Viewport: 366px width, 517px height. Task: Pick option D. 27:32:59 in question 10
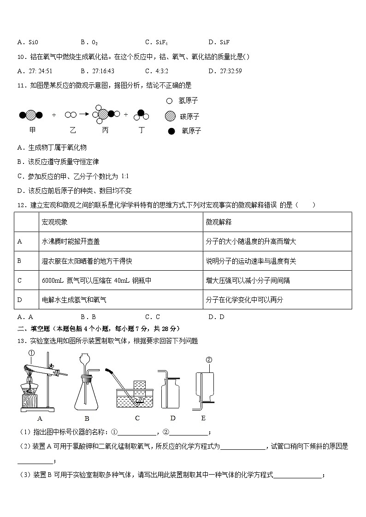[x=225, y=71]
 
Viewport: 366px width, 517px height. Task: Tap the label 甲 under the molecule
[x=32, y=130]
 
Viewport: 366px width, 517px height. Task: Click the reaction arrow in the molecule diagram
[x=83, y=114]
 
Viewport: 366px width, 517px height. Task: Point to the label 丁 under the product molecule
[x=142, y=130]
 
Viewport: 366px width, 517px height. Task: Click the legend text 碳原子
[x=190, y=116]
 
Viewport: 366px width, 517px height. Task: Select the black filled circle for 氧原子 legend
[x=171, y=131]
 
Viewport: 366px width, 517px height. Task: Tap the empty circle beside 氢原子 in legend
[x=169, y=101]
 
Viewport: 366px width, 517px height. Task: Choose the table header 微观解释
[x=219, y=222]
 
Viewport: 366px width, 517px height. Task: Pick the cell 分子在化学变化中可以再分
[x=244, y=300]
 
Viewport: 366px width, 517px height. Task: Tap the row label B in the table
[x=19, y=261]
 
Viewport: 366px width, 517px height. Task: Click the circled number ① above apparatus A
[x=31, y=354]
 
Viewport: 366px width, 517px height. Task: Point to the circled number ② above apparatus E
[x=208, y=360]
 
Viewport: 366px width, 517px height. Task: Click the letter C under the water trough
[x=137, y=418]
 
